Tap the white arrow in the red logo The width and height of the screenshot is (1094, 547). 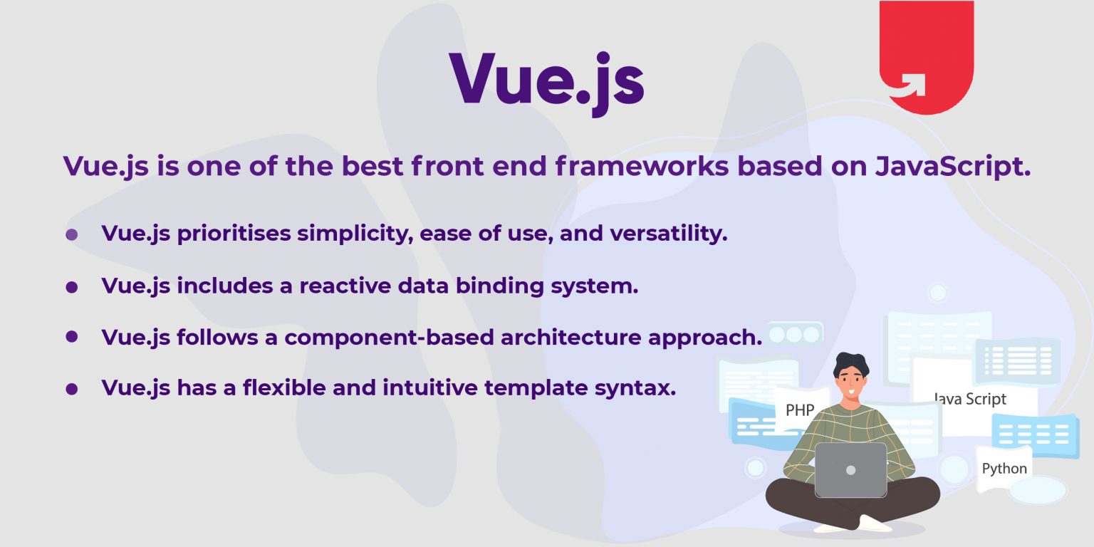[910, 84]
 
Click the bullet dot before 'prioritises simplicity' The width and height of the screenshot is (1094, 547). [71, 234]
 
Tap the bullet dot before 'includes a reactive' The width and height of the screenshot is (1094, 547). [71, 287]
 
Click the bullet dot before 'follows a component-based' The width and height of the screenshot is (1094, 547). [71, 336]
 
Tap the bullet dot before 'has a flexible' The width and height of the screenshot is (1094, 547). [71, 390]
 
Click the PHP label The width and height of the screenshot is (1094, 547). [800, 410]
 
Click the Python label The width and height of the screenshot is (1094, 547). [1004, 469]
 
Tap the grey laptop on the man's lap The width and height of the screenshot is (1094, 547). [850, 470]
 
